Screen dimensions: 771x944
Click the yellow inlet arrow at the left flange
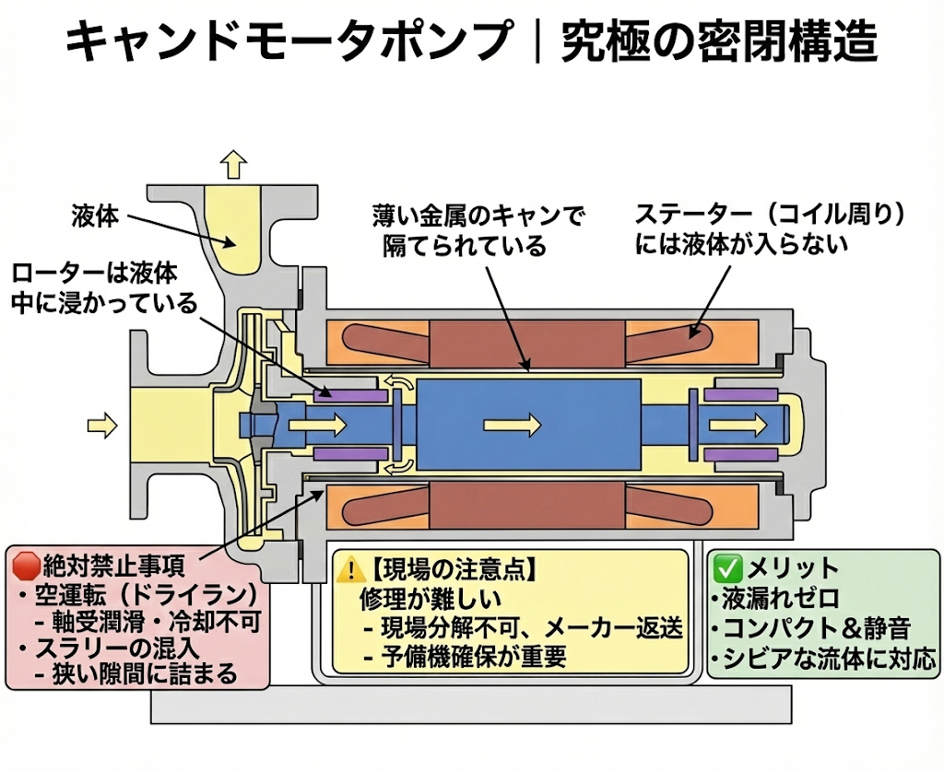click(x=102, y=425)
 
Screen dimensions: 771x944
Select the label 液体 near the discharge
click(x=95, y=216)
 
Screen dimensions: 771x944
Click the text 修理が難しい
click(x=430, y=598)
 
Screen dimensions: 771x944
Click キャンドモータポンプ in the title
click(x=288, y=41)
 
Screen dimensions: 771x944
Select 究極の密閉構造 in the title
click(x=719, y=41)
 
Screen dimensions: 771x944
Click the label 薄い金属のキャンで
click(x=478, y=216)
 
